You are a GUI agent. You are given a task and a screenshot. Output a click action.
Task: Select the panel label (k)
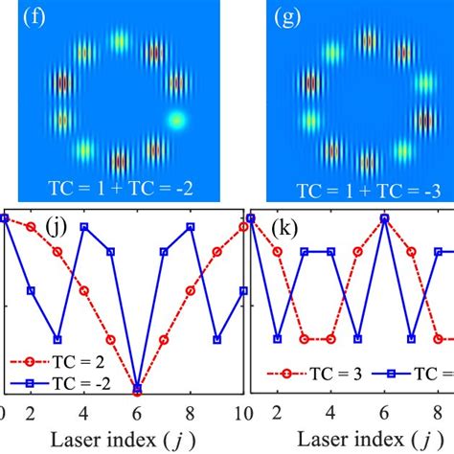tap(284, 231)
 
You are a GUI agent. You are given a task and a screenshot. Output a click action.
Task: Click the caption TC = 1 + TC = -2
tap(121, 188)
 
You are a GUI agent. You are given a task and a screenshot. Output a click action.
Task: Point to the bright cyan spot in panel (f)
tap(175, 120)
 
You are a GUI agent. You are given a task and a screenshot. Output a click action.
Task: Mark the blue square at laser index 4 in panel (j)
tap(84, 227)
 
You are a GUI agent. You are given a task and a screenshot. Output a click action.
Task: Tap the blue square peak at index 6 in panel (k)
tap(384, 218)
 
